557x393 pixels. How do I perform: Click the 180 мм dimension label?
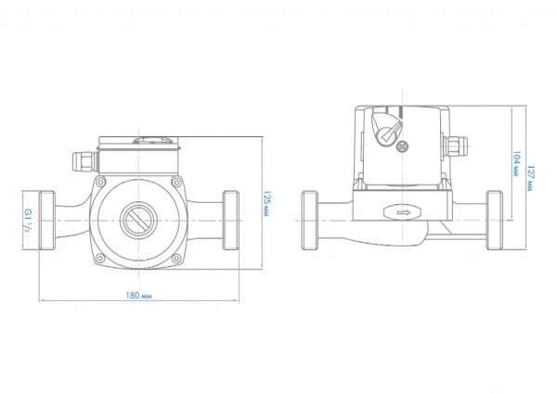138,295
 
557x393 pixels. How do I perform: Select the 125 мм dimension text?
266,204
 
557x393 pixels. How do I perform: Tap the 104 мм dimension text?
516,164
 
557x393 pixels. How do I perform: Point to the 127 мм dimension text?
530,178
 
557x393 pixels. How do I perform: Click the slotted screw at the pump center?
137,221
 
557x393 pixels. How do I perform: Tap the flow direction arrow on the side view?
403,212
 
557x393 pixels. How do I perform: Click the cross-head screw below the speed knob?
402,146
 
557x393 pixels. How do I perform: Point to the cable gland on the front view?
84,161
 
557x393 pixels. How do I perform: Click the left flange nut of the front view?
47,221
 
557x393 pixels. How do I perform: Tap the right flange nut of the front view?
231,221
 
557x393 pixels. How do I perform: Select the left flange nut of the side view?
310,221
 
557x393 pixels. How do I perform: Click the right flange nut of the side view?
495,221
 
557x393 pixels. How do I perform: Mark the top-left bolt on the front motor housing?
101,183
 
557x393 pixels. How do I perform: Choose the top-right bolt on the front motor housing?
175,183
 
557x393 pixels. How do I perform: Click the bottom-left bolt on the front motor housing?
101,259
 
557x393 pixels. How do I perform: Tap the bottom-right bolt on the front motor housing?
175,259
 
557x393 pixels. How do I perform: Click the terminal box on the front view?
138,156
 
